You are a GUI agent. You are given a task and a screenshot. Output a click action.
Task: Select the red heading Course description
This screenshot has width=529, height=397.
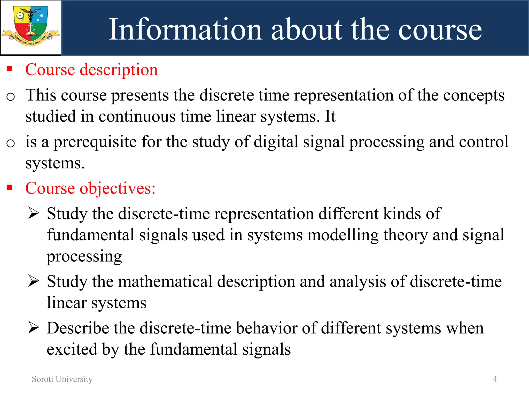pos(91,70)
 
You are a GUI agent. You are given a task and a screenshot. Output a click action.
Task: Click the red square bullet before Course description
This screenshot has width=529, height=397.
pos(10,69)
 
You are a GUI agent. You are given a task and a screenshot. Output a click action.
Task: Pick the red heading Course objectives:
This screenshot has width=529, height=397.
pos(90,188)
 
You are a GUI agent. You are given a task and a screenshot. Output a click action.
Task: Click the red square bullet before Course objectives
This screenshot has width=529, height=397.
pos(10,187)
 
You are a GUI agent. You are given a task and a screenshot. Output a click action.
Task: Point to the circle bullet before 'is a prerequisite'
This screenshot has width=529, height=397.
pos(11,143)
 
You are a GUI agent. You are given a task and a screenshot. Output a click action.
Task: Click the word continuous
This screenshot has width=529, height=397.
pos(137,116)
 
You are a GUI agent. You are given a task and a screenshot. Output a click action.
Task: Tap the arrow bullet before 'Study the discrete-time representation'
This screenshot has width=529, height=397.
pos(34,213)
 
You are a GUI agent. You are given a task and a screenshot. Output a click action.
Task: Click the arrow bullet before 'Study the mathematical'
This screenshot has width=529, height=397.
pos(34,281)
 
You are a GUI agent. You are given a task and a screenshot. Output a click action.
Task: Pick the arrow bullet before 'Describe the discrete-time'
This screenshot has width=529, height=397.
pos(34,328)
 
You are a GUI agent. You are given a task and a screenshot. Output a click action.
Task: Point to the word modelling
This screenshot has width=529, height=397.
pos(343,235)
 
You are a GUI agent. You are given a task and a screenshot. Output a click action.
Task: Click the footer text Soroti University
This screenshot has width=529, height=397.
pos(62,379)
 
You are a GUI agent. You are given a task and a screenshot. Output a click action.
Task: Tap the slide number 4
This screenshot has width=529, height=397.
pos(495,379)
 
